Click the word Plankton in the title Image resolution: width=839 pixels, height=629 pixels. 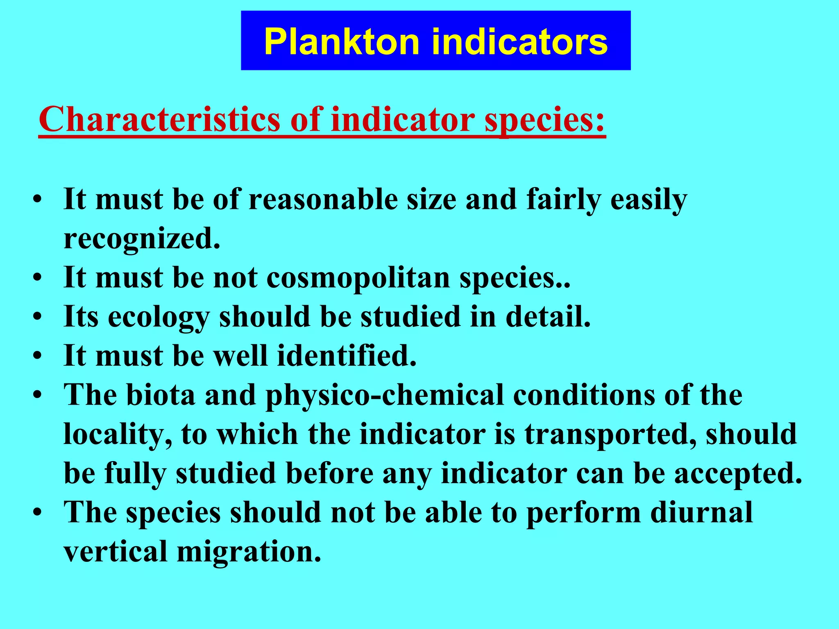click(x=342, y=42)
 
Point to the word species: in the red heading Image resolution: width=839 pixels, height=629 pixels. click(x=545, y=119)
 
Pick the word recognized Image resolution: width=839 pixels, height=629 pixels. click(x=142, y=239)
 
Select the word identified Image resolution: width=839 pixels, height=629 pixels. click(x=347, y=355)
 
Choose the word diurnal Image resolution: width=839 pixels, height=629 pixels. click(x=701, y=512)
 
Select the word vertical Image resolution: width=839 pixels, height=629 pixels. click(x=116, y=551)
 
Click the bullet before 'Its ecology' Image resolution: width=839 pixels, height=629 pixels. click(x=38, y=317)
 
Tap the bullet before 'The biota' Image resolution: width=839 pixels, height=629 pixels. click(x=38, y=396)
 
